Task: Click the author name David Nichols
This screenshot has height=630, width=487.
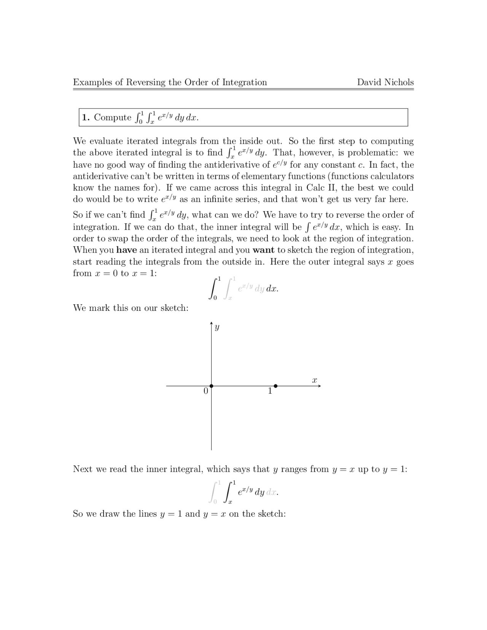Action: pos(385,82)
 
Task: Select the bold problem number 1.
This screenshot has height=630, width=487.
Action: pos(86,117)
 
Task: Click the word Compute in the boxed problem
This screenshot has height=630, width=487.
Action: pos(113,117)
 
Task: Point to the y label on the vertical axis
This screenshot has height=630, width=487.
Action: pos(217,327)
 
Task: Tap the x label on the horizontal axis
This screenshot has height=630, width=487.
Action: pos(315,380)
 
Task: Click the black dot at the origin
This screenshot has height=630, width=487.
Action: pos(212,386)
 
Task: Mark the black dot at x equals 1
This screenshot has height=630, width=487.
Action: pos(275,386)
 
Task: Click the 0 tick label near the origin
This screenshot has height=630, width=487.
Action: pos(206,391)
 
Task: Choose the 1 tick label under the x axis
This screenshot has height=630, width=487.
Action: pos(270,391)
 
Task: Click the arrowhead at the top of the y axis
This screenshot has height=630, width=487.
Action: pos(212,324)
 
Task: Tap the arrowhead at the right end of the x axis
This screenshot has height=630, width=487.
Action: pos(320,386)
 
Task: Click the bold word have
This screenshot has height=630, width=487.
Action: pos(126,250)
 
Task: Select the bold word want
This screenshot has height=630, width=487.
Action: pos(263,250)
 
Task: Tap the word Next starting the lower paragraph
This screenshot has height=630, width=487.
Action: pos(83,469)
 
